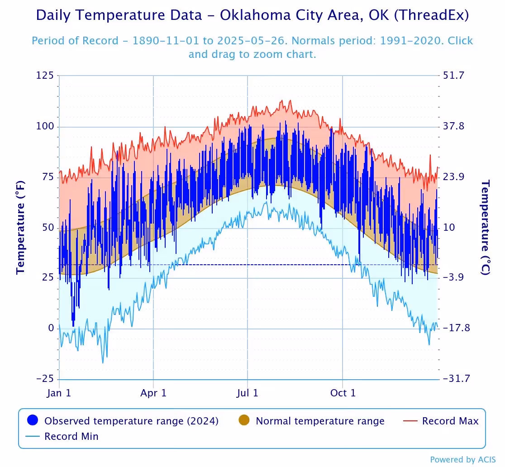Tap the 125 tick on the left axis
click(x=46, y=76)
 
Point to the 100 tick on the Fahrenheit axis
click(x=45, y=126)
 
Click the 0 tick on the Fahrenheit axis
click(x=51, y=328)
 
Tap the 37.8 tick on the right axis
click(x=454, y=126)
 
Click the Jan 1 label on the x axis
click(x=59, y=393)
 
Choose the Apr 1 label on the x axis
click(x=154, y=393)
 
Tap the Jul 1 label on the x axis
click(x=248, y=393)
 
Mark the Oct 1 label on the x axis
click(x=343, y=393)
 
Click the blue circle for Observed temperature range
click(x=33, y=421)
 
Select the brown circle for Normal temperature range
click(x=244, y=421)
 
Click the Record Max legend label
click(x=450, y=421)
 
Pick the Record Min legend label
click(x=71, y=437)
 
